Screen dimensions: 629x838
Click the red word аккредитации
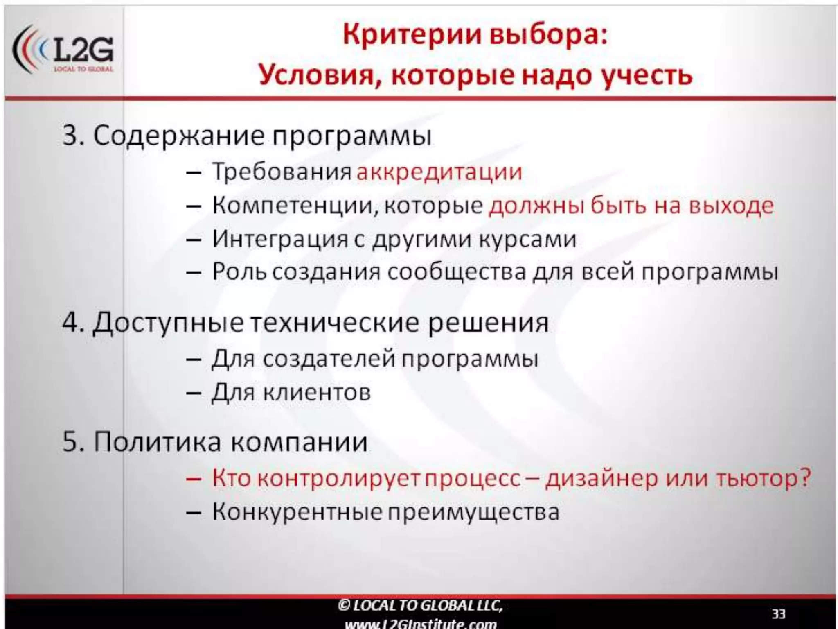pyautogui.click(x=439, y=172)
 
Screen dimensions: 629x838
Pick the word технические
pyautogui.click(x=335, y=323)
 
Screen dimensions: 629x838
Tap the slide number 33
pyautogui.click(x=778, y=614)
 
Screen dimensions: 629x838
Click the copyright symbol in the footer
pyautogui.click(x=344, y=606)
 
